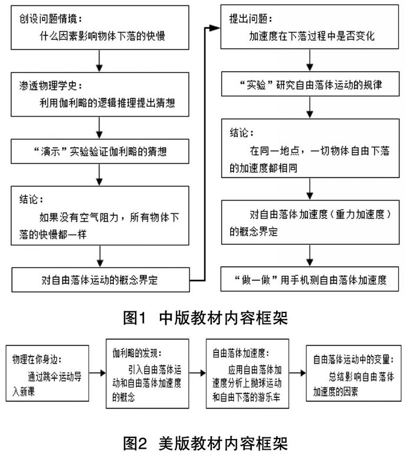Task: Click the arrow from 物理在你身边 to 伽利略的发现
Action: click(97, 373)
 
